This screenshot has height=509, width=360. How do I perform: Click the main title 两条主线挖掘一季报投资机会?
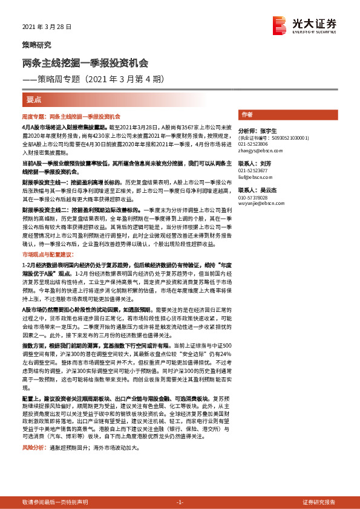[85, 63]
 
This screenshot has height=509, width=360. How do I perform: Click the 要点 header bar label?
[34, 99]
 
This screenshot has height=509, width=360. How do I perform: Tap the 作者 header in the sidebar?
[247, 114]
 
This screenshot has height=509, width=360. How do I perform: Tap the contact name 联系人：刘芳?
[254, 163]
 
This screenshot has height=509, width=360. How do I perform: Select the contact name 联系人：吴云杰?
[256, 190]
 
